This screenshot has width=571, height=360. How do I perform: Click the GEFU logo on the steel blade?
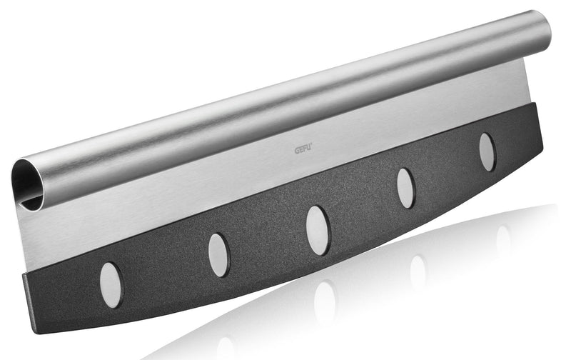303,149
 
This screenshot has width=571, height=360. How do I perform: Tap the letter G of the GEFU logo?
297,150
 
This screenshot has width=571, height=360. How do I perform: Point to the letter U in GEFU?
308,149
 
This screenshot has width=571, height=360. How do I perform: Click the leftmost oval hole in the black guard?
111,285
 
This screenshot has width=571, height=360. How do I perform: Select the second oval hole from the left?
219,255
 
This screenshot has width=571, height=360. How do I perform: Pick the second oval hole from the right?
405,188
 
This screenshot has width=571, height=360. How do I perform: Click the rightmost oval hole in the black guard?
487,151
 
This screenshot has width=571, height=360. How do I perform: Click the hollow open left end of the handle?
26,182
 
